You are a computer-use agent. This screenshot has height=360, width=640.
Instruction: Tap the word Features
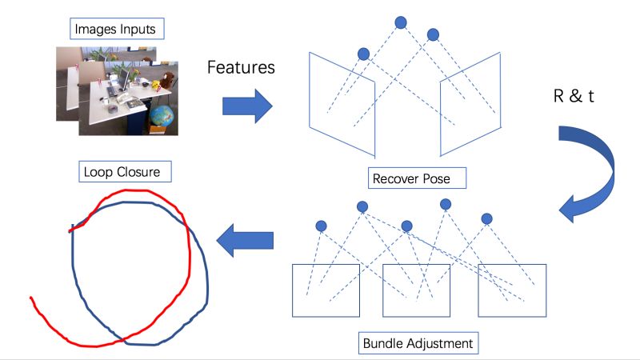pyautogui.click(x=241, y=67)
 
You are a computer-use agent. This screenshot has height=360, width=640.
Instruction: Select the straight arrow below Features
pyautogui.click(x=247, y=106)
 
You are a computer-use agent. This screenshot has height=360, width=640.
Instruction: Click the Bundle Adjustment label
pyautogui.click(x=418, y=344)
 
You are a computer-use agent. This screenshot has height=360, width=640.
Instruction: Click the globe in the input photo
pyautogui.click(x=162, y=116)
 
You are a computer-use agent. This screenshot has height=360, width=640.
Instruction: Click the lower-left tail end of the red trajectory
pyautogui.click(x=32, y=301)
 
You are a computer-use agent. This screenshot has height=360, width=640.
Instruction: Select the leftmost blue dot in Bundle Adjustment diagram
pyautogui.click(x=321, y=225)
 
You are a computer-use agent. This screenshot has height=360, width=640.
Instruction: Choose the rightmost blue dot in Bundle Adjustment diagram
pyautogui.click(x=485, y=218)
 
